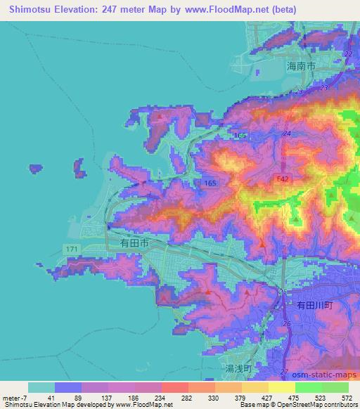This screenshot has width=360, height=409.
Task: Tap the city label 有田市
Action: pos(134,242)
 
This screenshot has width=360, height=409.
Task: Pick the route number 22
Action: pos(348,54)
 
